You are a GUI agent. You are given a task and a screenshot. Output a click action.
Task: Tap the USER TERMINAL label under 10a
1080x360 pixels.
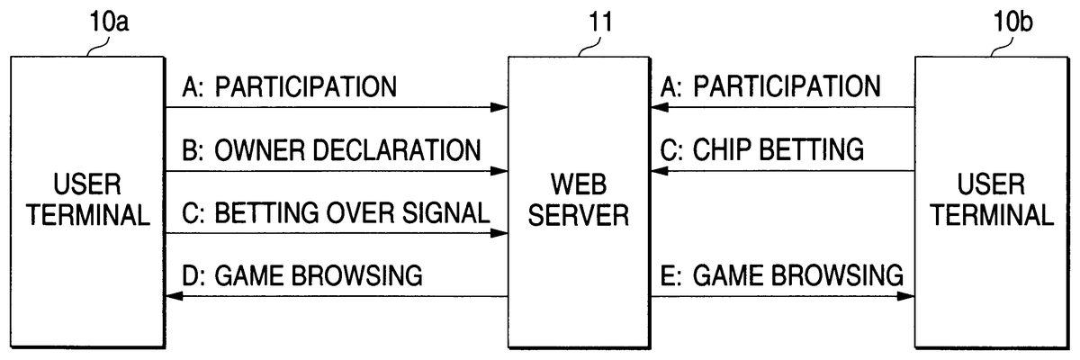87,200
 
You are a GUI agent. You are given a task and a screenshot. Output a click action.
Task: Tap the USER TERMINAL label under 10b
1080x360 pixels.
991,200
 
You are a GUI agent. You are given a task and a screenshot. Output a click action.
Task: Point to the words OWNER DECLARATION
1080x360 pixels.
347,149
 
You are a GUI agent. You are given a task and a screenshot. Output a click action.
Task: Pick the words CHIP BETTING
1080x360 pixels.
778,149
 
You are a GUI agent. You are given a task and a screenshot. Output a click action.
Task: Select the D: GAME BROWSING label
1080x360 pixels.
301,275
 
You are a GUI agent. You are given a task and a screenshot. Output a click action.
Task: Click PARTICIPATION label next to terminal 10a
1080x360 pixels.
306,87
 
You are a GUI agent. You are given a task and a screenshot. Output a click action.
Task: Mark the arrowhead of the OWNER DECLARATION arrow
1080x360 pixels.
500,170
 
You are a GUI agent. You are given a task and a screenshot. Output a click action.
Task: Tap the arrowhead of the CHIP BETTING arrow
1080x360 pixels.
660,170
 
